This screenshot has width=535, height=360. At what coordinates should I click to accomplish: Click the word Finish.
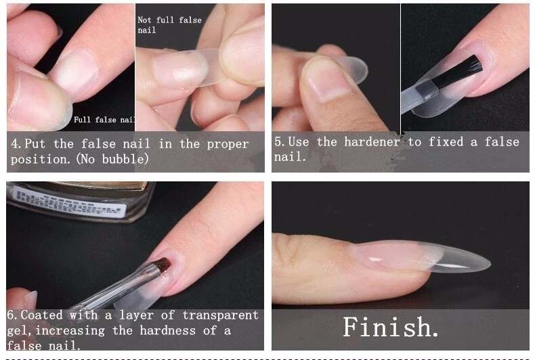tap(390, 326)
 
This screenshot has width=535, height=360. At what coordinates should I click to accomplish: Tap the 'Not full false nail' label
tap(169, 25)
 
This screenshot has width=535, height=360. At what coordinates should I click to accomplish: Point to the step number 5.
tap(278, 142)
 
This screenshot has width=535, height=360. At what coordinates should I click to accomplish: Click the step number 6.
tap(12, 316)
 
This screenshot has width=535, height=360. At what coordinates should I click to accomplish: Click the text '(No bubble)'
tap(112, 160)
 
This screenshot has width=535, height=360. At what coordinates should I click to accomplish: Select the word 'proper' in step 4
tap(227, 144)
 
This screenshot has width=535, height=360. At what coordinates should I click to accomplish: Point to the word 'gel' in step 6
tap(19, 330)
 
